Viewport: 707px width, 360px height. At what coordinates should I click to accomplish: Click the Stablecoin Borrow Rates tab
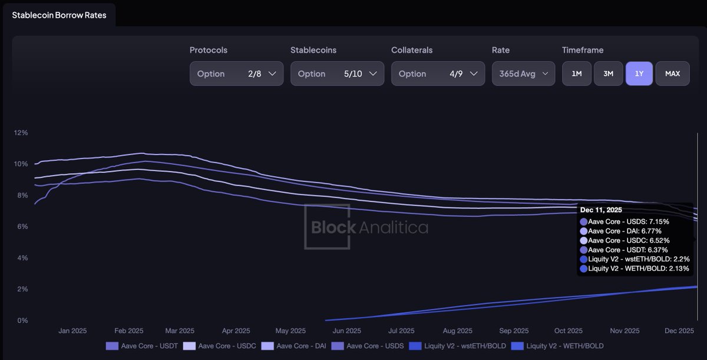tap(59, 15)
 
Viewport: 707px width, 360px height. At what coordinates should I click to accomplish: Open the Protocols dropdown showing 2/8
tap(236, 74)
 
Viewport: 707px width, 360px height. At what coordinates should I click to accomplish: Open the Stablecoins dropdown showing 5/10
tap(337, 74)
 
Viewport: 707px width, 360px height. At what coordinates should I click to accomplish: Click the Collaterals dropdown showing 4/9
tap(438, 74)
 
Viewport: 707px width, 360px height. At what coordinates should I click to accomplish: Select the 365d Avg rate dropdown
tap(523, 74)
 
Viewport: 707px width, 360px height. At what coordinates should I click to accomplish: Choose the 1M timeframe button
tap(577, 74)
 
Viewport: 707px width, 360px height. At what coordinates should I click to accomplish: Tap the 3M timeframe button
tap(609, 74)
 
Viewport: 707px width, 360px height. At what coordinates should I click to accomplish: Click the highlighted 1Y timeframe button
tap(639, 74)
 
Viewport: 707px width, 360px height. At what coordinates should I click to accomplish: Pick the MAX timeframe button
tap(672, 74)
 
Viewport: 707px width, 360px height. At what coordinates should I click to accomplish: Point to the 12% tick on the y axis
tap(21, 133)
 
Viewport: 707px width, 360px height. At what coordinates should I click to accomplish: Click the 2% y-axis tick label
tap(22, 289)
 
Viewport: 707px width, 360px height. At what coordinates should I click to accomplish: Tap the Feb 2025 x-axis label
tap(128, 331)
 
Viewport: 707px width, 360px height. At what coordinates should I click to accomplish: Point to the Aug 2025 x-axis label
tap(457, 331)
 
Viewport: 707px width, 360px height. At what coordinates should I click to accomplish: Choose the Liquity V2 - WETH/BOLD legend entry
tap(558, 346)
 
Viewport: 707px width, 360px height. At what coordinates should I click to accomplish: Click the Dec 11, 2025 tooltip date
tap(601, 210)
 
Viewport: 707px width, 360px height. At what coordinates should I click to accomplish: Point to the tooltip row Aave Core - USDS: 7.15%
tap(628, 222)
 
